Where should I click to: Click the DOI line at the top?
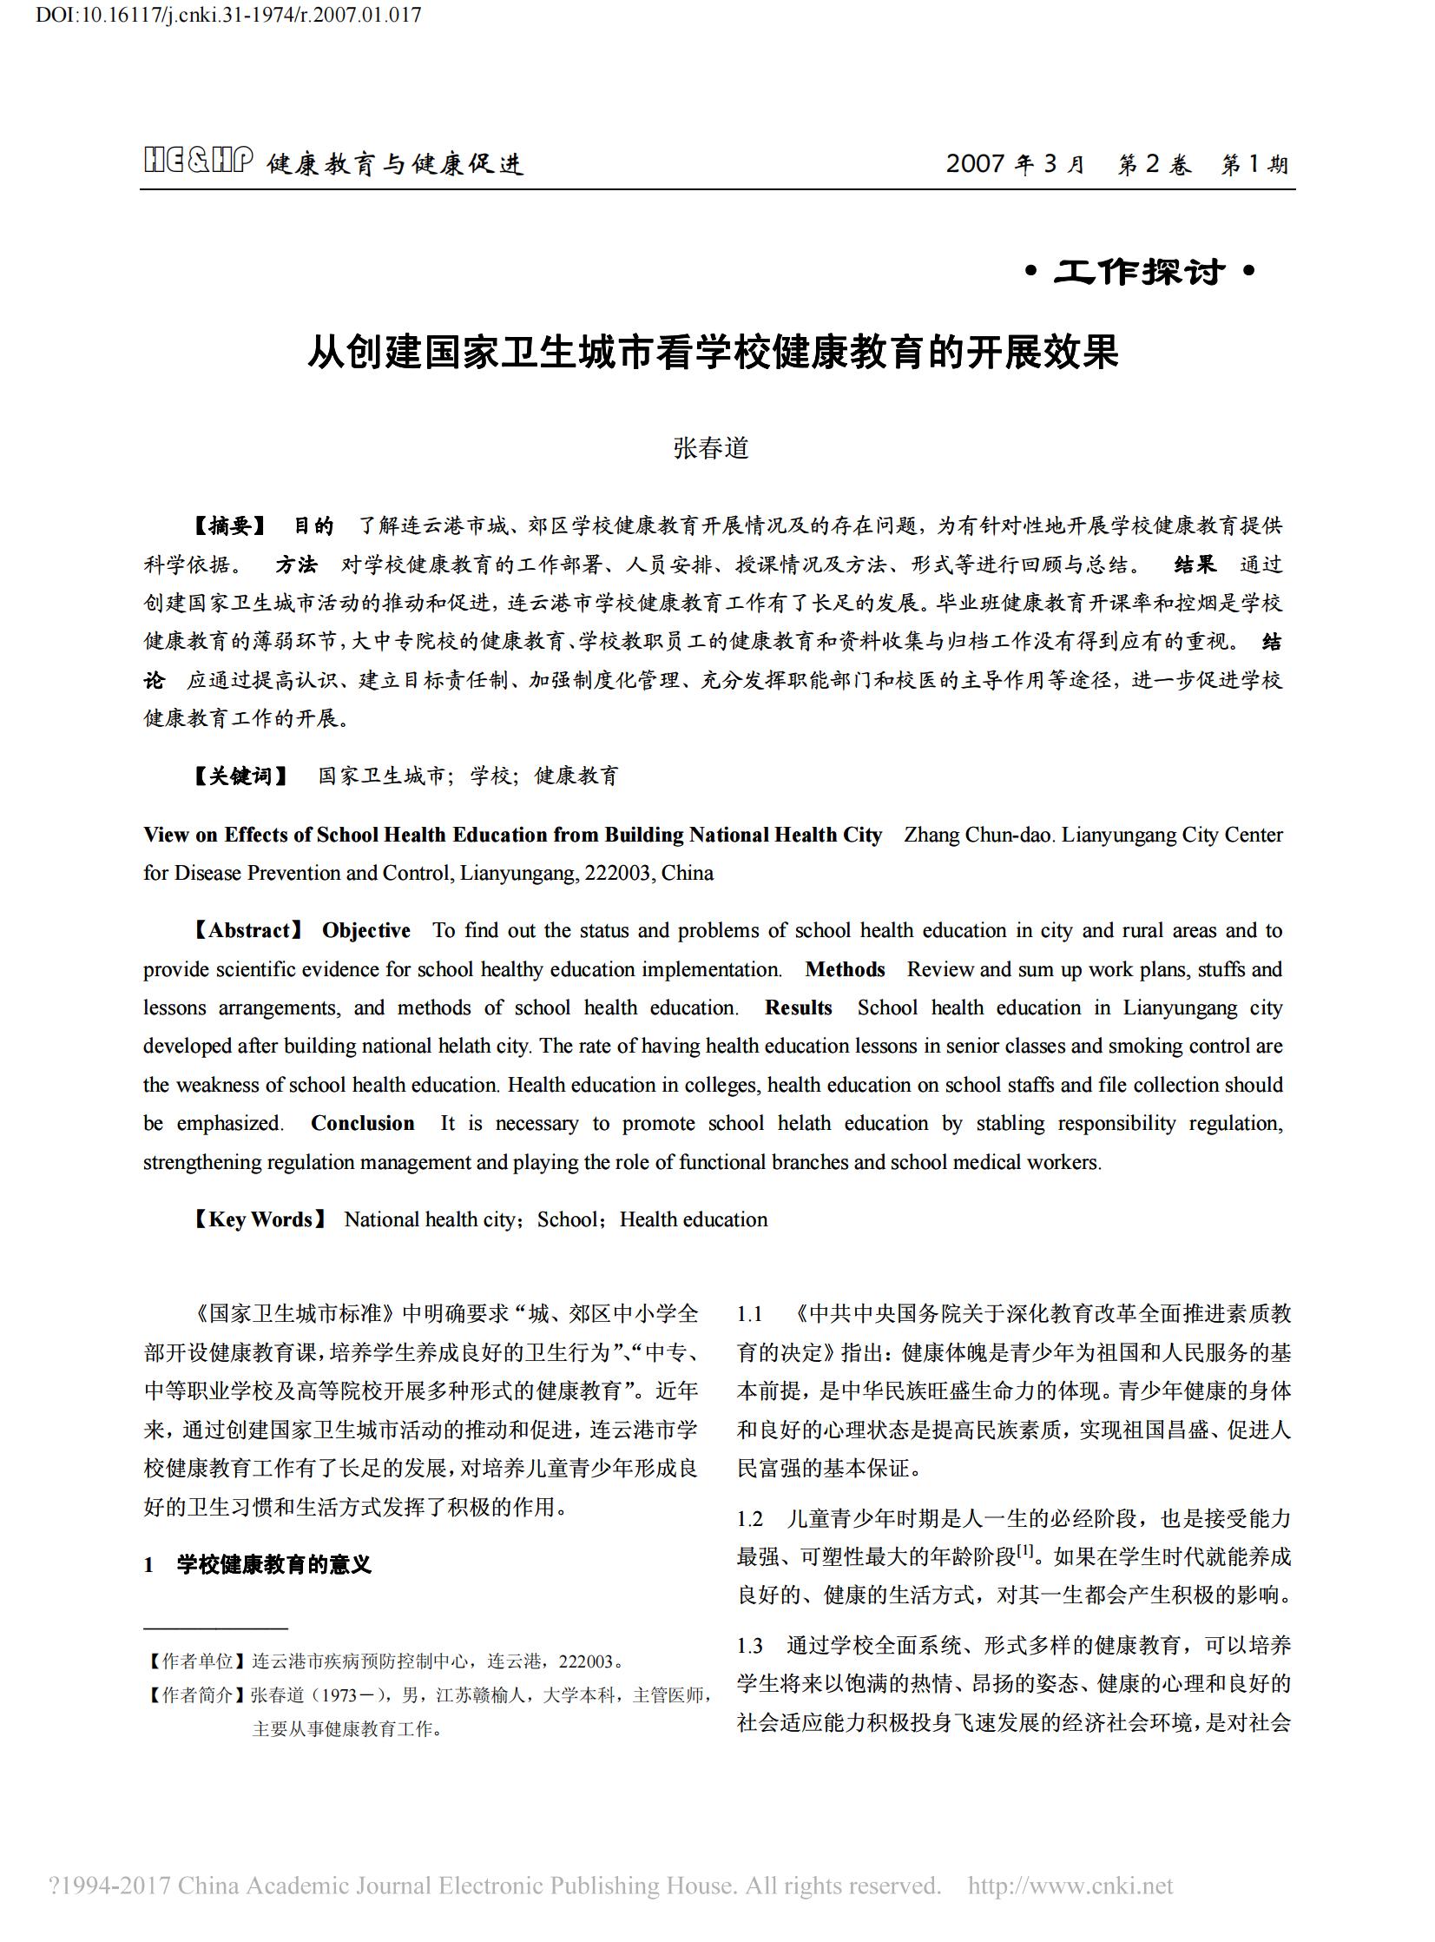click(228, 15)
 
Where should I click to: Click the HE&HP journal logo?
click(198, 162)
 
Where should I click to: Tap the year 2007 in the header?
click(975, 163)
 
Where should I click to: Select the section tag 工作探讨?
click(1140, 272)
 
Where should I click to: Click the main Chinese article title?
click(713, 352)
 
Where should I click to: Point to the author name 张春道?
click(710, 447)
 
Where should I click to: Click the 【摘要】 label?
click(229, 525)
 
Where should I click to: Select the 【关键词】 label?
click(240, 775)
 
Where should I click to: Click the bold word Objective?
click(365, 930)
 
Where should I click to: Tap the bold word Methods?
click(845, 969)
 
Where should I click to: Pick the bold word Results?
click(798, 1008)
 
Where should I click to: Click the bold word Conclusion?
click(362, 1124)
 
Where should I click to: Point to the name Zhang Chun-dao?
click(978, 835)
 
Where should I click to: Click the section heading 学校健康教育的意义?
click(273, 1565)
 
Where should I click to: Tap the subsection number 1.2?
click(750, 1519)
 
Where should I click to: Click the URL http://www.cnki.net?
click(1070, 1885)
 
